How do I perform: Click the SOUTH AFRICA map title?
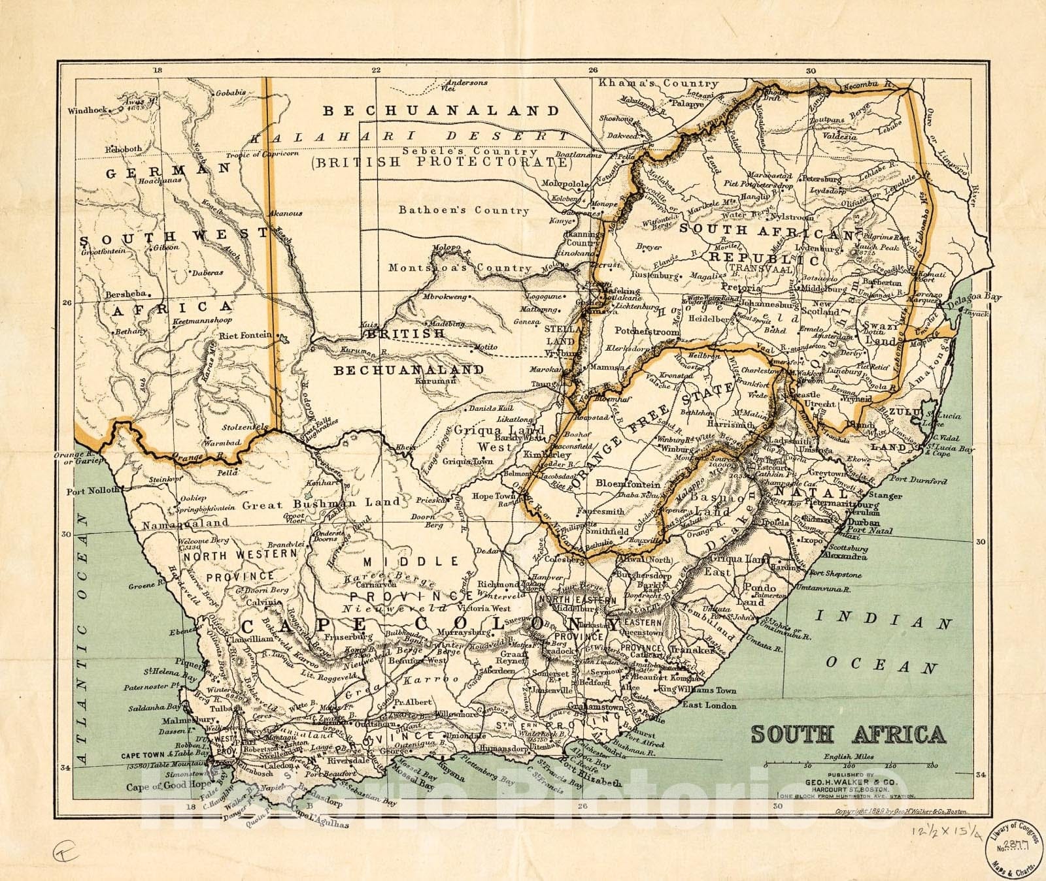click(848, 734)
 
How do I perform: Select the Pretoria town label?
click(741, 287)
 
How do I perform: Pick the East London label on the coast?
click(709, 705)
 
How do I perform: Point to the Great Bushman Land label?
click(321, 504)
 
